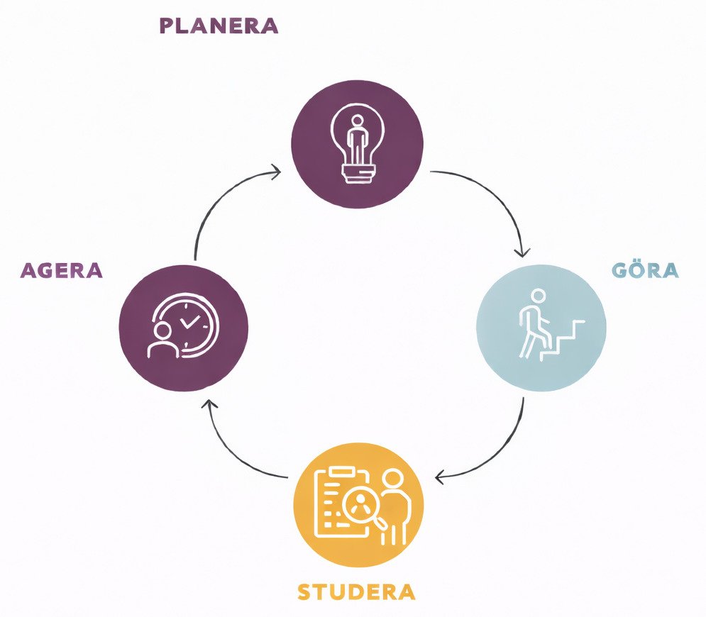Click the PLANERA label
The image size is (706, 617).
click(219, 26)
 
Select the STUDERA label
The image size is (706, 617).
click(356, 591)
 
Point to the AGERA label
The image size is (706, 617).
click(62, 270)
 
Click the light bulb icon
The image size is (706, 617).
click(358, 143)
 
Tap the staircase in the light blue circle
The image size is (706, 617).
click(563, 340)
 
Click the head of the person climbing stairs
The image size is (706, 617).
click(538, 296)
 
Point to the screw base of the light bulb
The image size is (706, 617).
click(358, 174)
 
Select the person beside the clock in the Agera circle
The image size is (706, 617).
click(162, 340)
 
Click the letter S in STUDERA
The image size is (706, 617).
click(304, 591)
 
